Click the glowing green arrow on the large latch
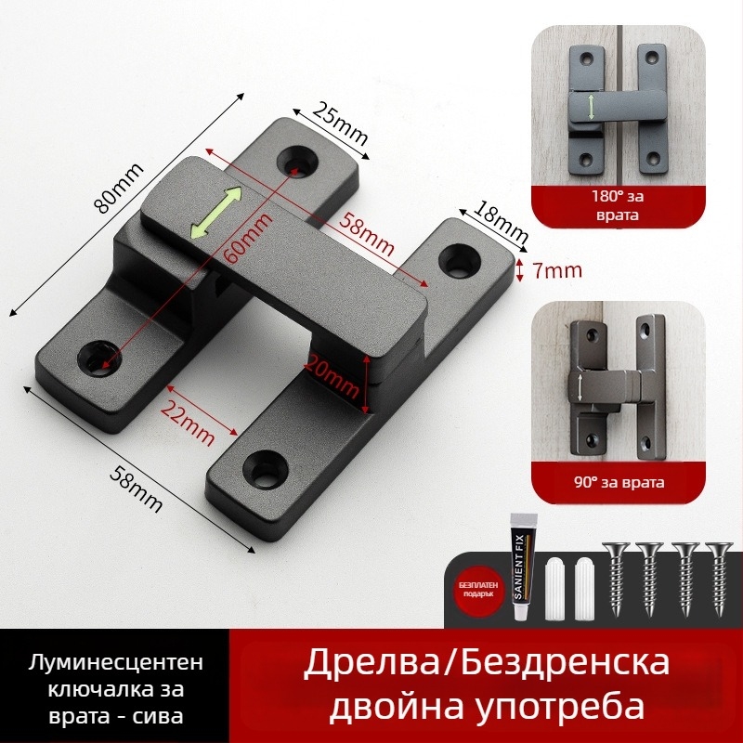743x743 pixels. point(215,213)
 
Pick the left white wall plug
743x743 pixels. point(558,588)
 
